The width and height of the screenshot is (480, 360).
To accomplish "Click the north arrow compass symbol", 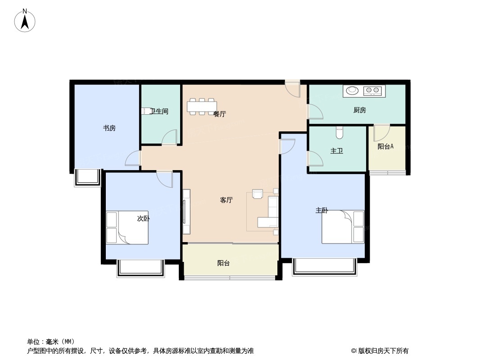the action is point(25,21).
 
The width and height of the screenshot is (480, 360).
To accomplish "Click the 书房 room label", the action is point(109,128).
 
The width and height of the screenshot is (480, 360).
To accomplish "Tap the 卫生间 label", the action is point(159,111).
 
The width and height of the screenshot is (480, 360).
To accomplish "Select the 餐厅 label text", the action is point(219,114).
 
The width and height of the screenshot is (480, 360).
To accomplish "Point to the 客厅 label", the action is point(226,200).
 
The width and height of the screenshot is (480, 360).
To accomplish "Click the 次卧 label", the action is point(143,218).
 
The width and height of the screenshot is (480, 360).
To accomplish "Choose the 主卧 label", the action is point(322,211).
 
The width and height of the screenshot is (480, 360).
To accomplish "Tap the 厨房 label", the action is point(360,110).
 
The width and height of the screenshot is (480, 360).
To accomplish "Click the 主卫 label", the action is point(337,151).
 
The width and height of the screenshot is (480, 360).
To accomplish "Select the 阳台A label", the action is point(385,147).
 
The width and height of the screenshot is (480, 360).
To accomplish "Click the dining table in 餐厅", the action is point(202,107).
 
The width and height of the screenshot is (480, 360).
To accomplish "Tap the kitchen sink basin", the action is point(353,90).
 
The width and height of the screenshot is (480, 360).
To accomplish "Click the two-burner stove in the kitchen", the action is point(372,90).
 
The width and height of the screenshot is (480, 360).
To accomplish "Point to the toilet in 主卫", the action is point(340,132).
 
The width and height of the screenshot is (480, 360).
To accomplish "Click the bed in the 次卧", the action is point(127,227).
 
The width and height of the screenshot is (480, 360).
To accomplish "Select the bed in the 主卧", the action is point(343,227).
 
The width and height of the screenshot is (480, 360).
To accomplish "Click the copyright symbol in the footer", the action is point(353,351).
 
